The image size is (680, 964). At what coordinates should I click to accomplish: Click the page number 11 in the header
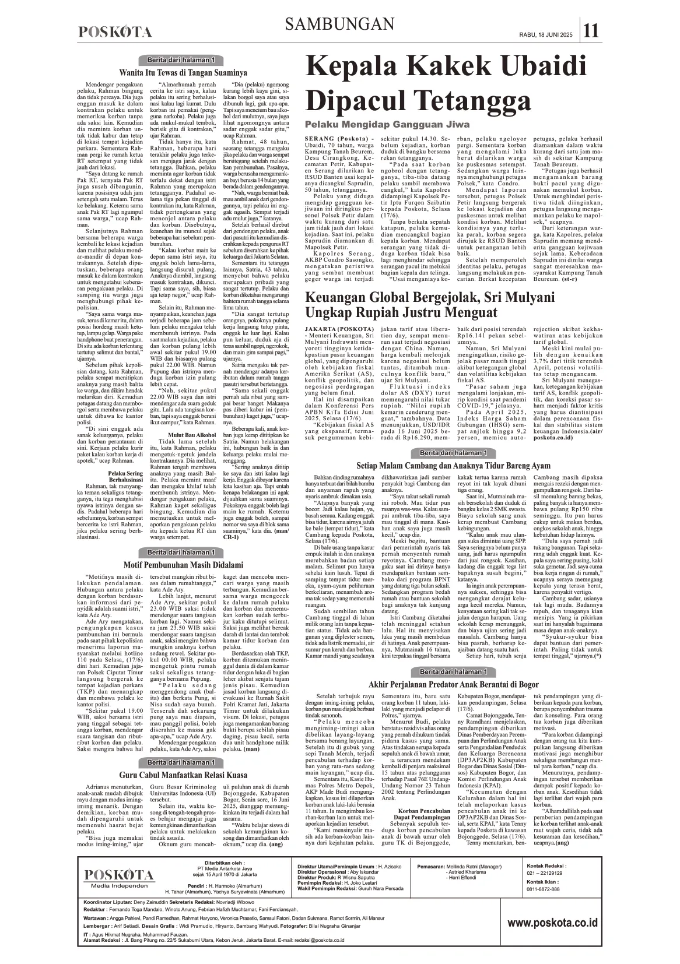591,30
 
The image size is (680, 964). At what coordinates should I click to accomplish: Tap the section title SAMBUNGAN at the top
340,24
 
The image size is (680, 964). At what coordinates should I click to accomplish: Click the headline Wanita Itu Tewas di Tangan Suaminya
183,73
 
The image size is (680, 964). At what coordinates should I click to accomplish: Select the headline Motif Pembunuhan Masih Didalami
183,565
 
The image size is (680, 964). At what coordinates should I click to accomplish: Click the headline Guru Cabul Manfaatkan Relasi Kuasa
183,775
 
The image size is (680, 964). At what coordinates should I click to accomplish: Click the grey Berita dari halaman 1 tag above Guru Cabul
183,762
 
